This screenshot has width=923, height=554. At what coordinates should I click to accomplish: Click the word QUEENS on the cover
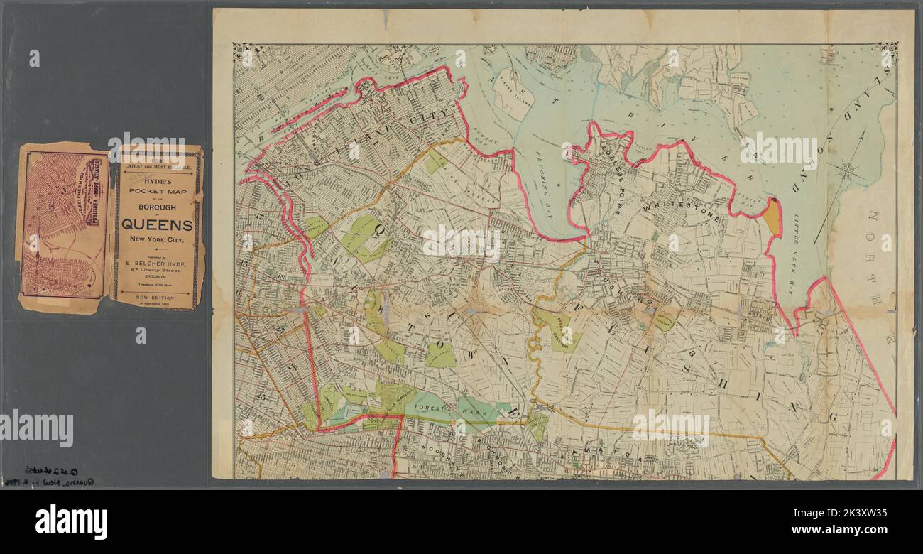click(x=157, y=224)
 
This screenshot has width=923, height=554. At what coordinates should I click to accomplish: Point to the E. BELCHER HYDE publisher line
click(x=157, y=263)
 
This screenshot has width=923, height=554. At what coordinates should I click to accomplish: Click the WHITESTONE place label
click(x=683, y=210)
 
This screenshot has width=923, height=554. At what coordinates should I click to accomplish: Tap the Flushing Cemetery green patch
click(x=663, y=320)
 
